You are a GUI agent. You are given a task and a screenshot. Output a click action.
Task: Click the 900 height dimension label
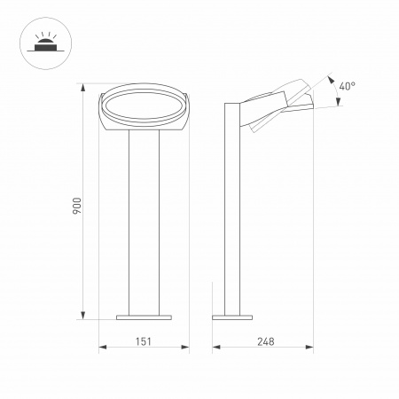point(76,205)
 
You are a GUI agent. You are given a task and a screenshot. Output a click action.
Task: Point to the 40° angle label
point(347,87)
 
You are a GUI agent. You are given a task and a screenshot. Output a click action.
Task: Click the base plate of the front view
point(143,315)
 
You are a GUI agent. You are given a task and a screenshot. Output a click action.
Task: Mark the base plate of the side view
point(233,315)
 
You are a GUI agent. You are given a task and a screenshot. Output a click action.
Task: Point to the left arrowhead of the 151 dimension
point(100,348)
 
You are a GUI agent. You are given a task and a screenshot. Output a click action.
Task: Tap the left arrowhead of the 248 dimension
point(215,348)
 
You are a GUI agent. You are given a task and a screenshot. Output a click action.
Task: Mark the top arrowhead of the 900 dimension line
point(84,91)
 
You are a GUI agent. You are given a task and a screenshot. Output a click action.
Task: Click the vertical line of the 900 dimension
point(84,266)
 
